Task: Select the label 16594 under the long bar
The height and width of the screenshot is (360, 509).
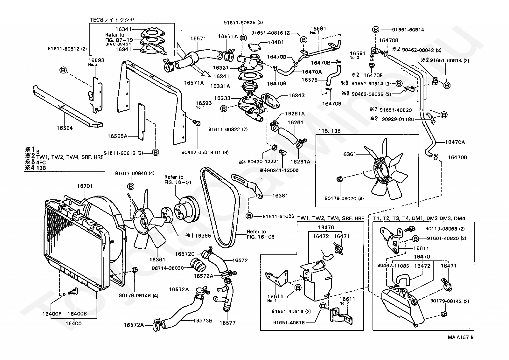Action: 65,128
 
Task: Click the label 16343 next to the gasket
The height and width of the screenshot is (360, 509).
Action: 296,95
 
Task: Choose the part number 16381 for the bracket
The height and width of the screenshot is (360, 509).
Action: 280,196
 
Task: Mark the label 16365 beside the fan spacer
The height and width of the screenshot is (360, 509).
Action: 203,236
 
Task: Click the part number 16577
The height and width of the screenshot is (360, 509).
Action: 227,323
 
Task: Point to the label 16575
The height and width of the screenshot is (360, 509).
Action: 309,80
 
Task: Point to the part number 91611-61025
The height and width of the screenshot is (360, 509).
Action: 278,216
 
